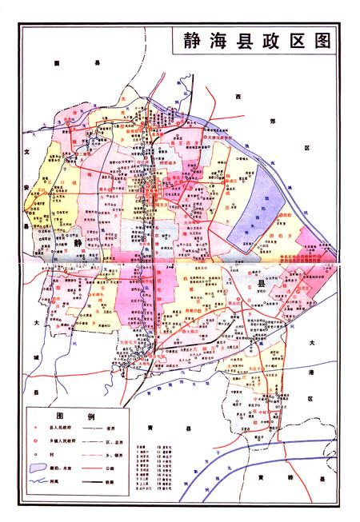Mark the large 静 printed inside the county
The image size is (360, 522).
78,237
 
